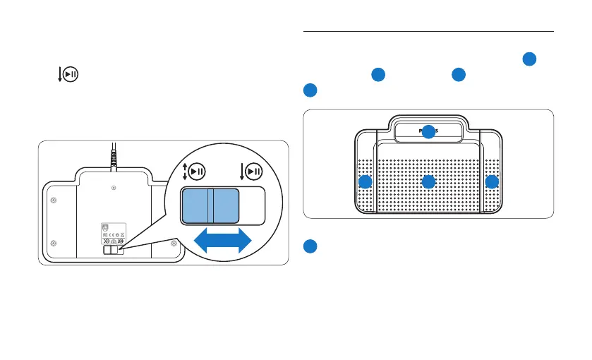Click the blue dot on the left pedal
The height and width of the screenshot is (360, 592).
[x=365, y=182]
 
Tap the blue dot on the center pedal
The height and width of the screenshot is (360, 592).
[x=428, y=182]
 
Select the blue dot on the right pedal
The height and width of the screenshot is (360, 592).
[x=492, y=182]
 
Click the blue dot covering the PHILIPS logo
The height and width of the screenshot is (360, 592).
[x=428, y=131]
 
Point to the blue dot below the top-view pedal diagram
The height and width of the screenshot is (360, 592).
[x=310, y=246]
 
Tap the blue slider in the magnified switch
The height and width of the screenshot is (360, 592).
[x=209, y=205]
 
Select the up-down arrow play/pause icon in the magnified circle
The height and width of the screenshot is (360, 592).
[x=195, y=172]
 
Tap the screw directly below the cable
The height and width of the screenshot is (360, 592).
[x=114, y=188]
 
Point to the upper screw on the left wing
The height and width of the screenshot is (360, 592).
[x=54, y=200]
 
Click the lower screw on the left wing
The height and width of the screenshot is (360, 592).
[x=54, y=243]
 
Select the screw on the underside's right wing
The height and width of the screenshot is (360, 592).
[x=174, y=243]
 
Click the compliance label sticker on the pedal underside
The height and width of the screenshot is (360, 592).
[x=114, y=234]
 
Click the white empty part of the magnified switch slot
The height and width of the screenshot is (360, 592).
[x=253, y=205]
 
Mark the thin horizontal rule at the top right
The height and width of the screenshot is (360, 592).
[x=428, y=31]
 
